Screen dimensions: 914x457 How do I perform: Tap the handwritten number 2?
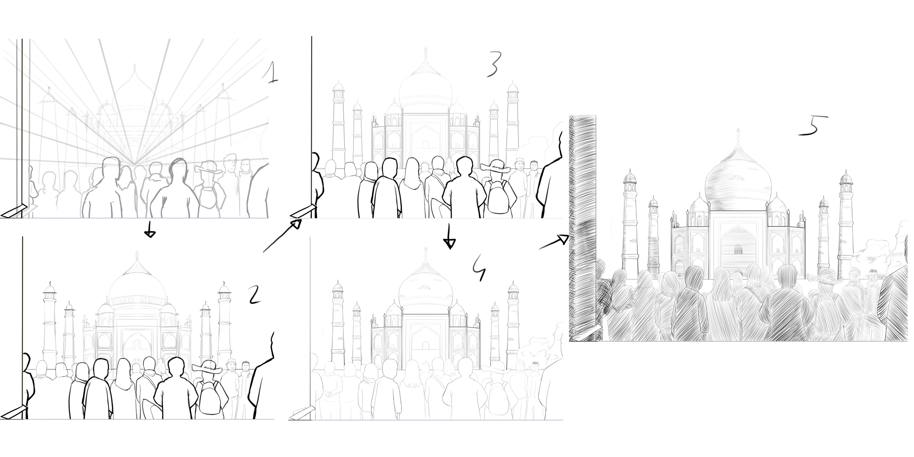(x=254, y=295)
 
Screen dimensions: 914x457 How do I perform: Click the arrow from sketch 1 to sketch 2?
(x=149, y=229)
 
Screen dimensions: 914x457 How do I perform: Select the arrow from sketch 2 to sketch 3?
(x=282, y=235)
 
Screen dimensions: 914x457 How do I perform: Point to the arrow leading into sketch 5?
(x=554, y=242)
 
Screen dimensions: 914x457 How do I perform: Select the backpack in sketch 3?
(x=498, y=197)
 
